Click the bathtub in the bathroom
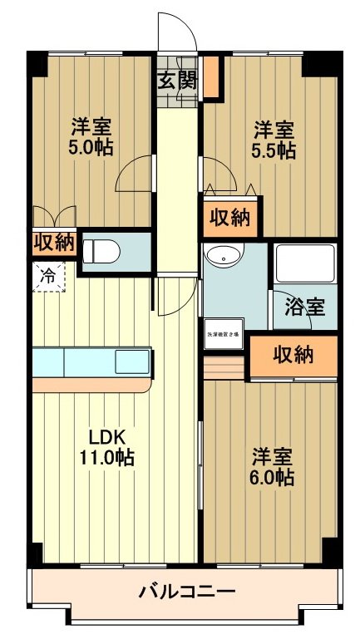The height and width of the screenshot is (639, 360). (304, 263)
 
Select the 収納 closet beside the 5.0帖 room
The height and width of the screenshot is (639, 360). (54, 243)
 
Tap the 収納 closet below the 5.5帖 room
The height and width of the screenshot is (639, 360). (229, 219)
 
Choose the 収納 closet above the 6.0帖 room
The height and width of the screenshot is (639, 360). (293, 355)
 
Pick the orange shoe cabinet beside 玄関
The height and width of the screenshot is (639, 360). (211, 76)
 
